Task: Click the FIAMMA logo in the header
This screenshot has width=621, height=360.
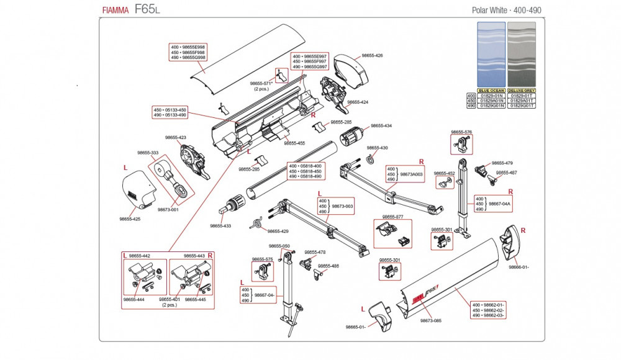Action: tap(116, 11)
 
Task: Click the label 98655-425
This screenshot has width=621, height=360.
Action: tap(130, 218)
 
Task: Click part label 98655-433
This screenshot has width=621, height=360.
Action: tap(220, 226)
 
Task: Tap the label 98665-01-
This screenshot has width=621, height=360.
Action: tap(358, 327)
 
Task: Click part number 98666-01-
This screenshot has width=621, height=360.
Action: tap(519, 267)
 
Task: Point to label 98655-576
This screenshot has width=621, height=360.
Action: tap(461, 132)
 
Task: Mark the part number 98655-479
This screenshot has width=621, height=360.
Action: tap(502, 163)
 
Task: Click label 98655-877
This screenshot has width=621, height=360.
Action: tap(392, 217)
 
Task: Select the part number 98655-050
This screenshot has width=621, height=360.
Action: tap(279, 246)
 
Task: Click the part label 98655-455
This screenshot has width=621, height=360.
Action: tap(294, 143)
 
